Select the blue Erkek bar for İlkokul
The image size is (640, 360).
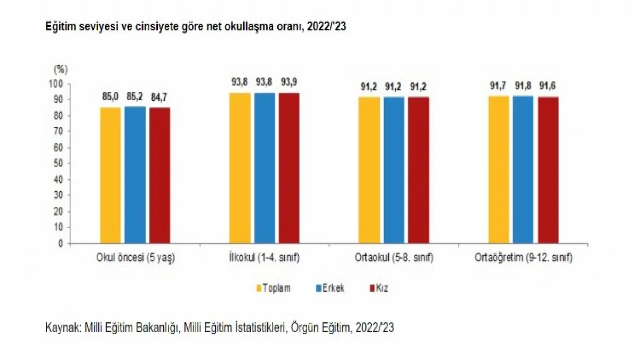(x=265, y=168)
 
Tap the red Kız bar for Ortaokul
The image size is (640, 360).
(x=418, y=170)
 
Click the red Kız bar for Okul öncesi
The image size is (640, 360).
(x=160, y=175)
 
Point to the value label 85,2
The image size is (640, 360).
(x=135, y=98)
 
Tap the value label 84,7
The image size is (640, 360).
(x=160, y=98)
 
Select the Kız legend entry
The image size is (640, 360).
(x=382, y=288)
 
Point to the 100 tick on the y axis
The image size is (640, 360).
(x=57, y=84)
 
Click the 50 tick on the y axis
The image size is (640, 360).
(x=59, y=163)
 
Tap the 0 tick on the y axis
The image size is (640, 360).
(x=61, y=243)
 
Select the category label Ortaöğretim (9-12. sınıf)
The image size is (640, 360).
(x=523, y=258)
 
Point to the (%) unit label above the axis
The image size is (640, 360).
(x=60, y=69)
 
